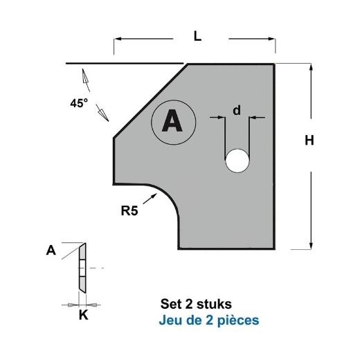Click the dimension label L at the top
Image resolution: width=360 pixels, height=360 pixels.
197,39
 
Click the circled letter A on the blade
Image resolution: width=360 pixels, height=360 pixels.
170,123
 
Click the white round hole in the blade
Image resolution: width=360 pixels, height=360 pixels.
237,161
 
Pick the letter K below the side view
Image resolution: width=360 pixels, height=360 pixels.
83,315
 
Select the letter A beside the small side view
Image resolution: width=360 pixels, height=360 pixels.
51,251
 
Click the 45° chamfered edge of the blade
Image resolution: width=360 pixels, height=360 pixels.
150,100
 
